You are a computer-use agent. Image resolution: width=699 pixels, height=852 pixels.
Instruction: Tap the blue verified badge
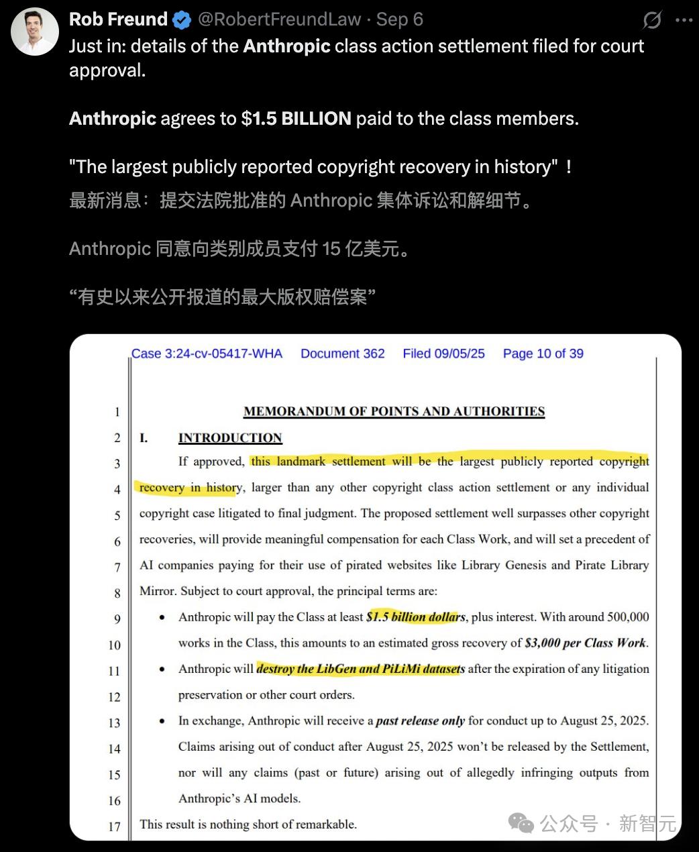(x=182, y=20)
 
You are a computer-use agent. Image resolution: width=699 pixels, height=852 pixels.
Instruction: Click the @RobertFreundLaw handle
(x=279, y=19)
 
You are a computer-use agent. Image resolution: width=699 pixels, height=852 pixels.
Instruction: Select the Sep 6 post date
(x=400, y=19)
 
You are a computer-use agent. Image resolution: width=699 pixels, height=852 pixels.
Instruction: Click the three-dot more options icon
(x=684, y=21)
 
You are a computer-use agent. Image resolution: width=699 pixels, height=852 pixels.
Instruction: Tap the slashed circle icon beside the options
(x=651, y=21)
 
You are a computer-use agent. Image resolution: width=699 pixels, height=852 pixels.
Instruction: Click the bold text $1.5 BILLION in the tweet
(x=297, y=119)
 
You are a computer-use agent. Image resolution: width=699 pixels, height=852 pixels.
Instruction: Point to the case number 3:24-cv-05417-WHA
(x=207, y=354)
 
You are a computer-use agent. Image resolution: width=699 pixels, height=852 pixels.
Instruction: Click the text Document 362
(x=342, y=354)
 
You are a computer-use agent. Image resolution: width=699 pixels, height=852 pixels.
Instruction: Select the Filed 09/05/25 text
(x=443, y=354)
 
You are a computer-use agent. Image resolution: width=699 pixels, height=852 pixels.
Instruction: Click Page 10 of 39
(x=543, y=354)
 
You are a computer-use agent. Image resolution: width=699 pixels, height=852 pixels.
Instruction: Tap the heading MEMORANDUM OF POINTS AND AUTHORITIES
(x=394, y=411)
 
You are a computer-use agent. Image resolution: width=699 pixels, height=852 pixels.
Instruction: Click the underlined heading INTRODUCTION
(x=230, y=438)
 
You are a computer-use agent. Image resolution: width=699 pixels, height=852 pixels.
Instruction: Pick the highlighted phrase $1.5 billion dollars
(x=415, y=617)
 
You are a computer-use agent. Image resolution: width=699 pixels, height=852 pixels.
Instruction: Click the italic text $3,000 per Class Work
(x=586, y=643)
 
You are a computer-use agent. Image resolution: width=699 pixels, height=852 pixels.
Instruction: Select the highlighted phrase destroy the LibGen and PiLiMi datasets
(x=360, y=669)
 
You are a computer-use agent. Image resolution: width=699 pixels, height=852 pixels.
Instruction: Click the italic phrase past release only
(x=420, y=721)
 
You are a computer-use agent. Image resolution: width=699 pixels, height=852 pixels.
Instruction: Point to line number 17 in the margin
(x=115, y=827)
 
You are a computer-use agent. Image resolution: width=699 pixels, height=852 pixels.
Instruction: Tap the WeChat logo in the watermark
(x=521, y=823)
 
